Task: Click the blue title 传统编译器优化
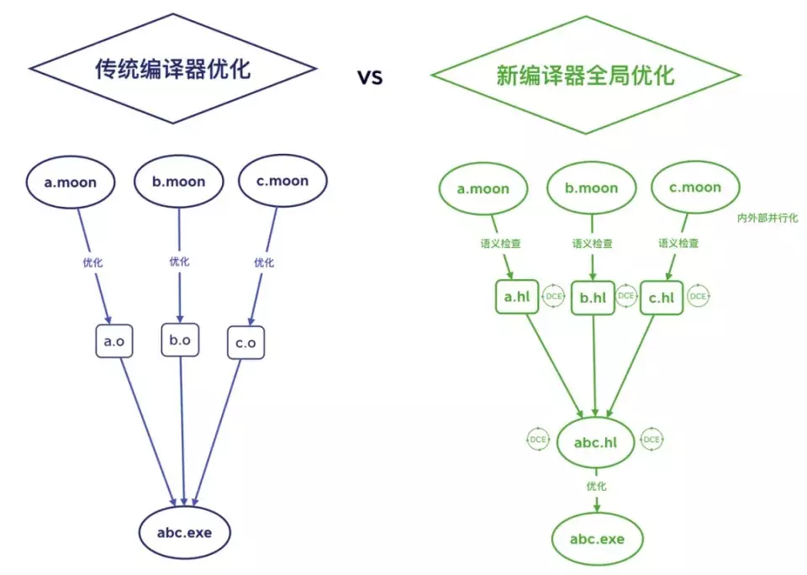click(x=172, y=69)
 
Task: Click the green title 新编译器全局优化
click(x=585, y=75)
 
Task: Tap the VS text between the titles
click(x=370, y=77)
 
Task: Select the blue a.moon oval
click(x=71, y=181)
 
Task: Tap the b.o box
click(x=180, y=340)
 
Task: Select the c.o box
click(x=245, y=343)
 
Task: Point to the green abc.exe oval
click(x=597, y=538)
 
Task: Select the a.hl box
click(x=516, y=297)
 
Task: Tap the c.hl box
click(x=662, y=297)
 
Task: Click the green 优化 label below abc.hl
click(x=596, y=486)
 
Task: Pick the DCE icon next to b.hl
click(x=626, y=296)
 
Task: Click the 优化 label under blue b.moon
click(x=179, y=262)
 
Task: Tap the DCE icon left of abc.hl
click(x=539, y=439)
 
